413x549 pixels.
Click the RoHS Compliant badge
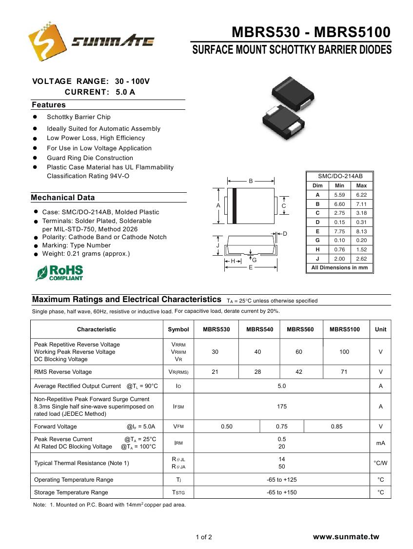coord(59,273)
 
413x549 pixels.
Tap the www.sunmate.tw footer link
coord(346,537)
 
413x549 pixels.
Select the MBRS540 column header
coord(259,329)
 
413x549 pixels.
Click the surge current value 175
coord(282,407)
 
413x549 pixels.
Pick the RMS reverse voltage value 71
coord(344,372)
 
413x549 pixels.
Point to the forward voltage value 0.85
coord(336,427)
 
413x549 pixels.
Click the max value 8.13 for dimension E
coord(361,231)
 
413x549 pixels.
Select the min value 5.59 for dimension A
coord(339,195)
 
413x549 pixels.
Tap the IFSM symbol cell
coord(178,407)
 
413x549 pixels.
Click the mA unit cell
coord(380,443)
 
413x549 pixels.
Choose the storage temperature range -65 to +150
coord(282,492)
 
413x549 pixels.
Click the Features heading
coord(49,105)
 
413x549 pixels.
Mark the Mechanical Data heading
coord(63,198)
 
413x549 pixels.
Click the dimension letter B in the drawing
coord(251,181)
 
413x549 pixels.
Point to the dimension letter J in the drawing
coord(218,245)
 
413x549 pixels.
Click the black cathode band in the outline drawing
coord(235,205)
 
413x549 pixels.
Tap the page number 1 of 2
coord(204,537)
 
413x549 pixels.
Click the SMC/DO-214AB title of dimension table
coord(340,176)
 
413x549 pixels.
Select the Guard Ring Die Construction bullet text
coord(90,158)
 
